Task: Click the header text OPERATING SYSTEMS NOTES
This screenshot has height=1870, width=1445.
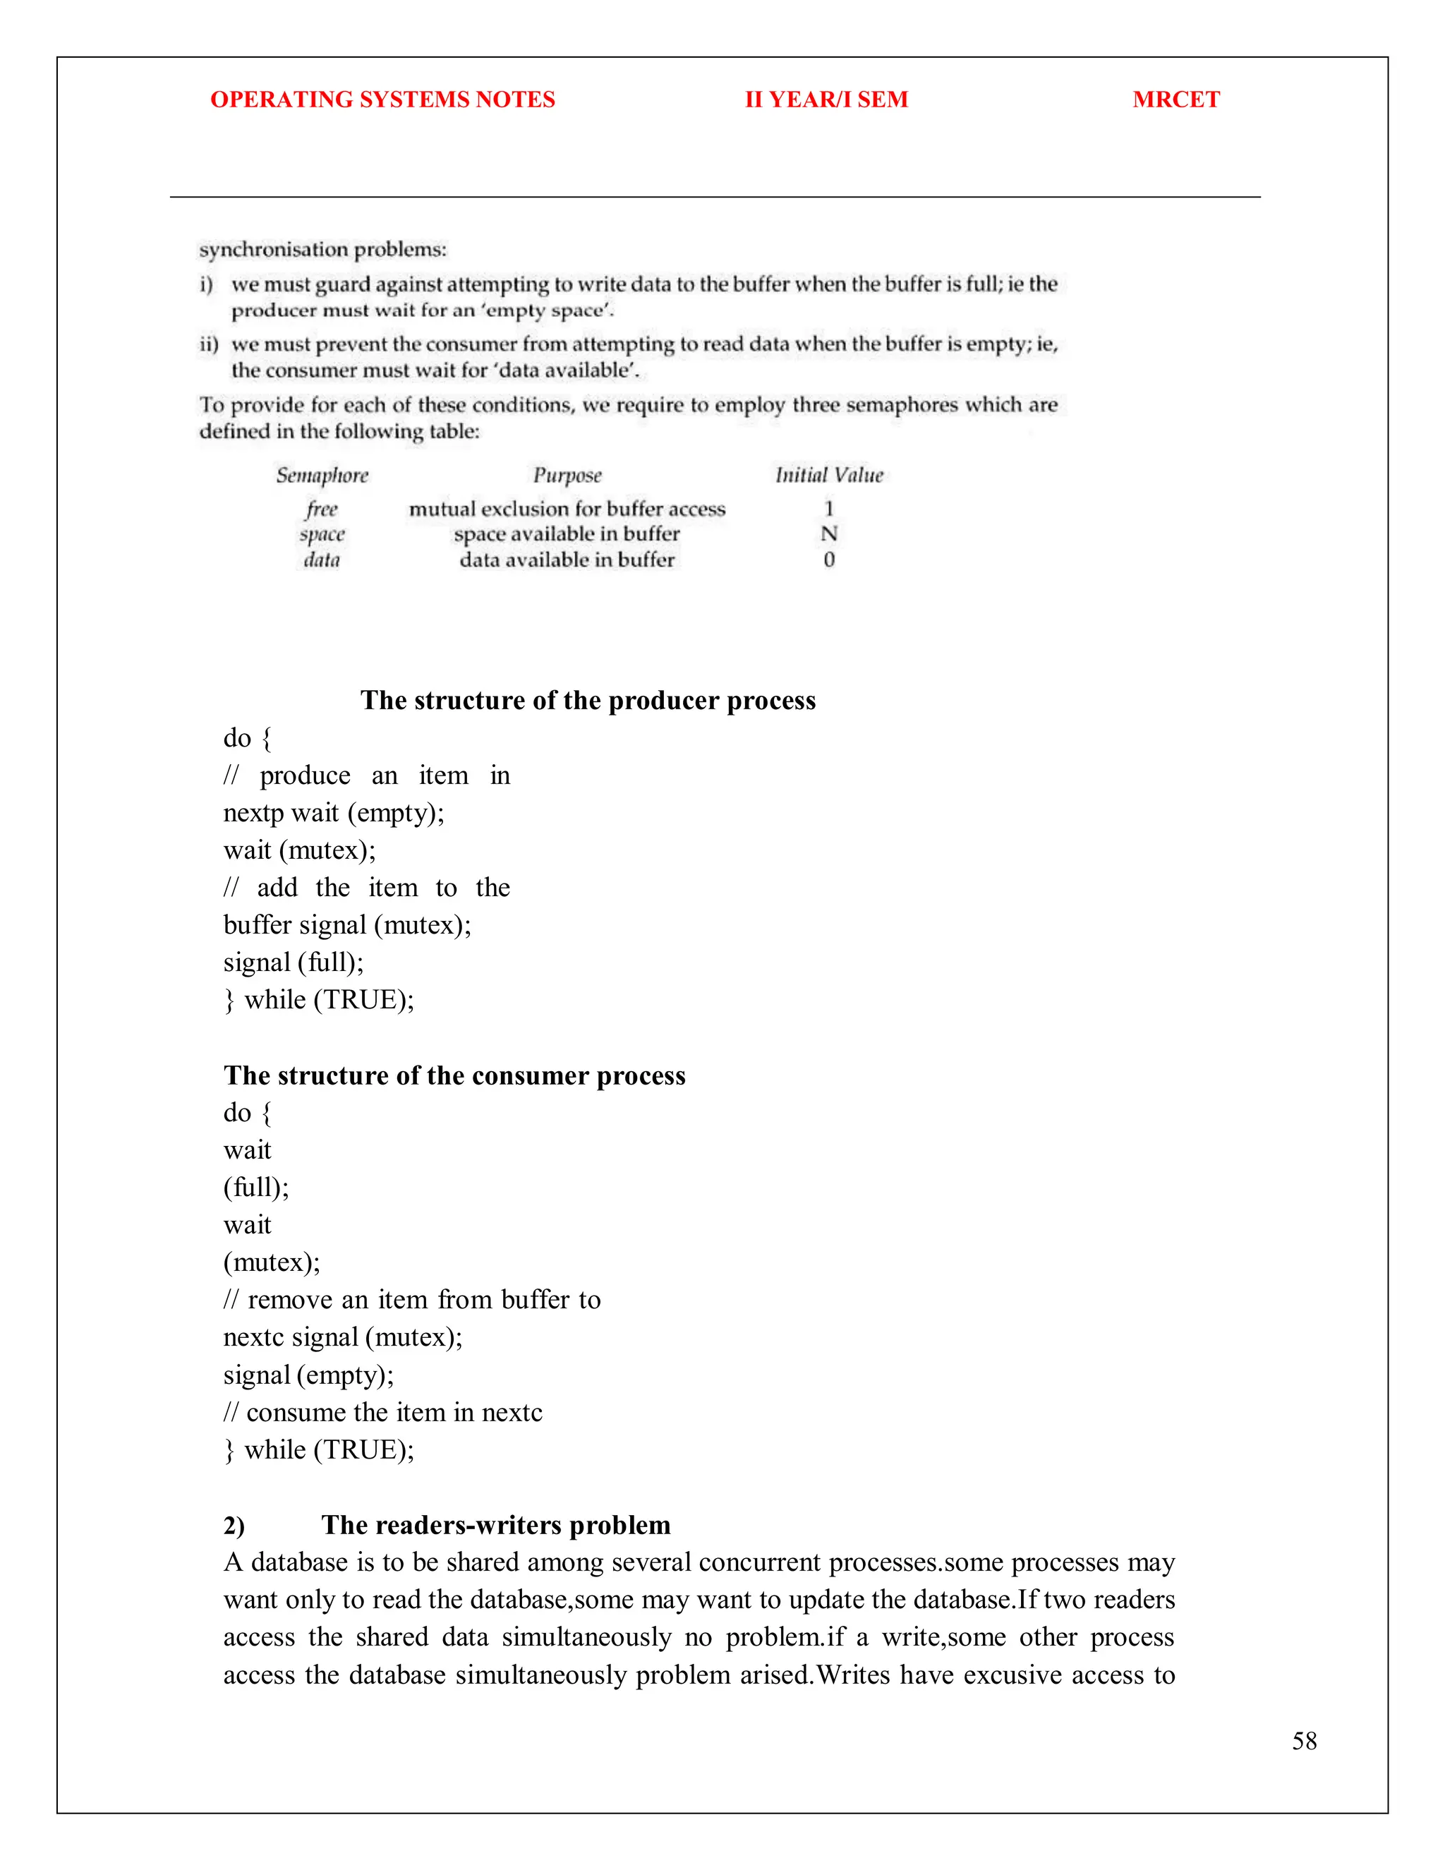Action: (x=382, y=99)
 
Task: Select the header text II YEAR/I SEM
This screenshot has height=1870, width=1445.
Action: (x=826, y=99)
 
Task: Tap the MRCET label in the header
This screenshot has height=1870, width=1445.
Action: (x=1175, y=99)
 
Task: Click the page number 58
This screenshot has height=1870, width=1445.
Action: (x=1304, y=1741)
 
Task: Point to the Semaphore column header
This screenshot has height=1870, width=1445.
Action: (x=322, y=475)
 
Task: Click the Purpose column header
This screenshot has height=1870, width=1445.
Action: (x=567, y=475)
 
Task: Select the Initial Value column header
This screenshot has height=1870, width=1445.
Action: (x=828, y=475)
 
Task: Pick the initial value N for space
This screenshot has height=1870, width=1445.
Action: (x=828, y=534)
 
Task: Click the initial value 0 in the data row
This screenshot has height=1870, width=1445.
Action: (x=828, y=560)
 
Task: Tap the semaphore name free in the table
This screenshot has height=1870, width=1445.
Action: (x=322, y=509)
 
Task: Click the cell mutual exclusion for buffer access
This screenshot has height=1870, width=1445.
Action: (x=567, y=509)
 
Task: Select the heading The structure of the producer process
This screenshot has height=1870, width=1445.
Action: (x=588, y=701)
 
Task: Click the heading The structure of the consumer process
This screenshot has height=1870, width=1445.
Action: (x=454, y=1075)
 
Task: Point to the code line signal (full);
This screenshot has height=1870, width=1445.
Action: (x=294, y=963)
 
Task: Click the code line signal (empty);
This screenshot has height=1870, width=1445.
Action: (x=308, y=1375)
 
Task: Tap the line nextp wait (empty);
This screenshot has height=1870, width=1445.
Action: (x=334, y=812)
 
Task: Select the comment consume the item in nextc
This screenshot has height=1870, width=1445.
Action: (x=394, y=1412)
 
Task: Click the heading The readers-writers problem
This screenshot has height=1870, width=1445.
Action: (x=495, y=1525)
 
